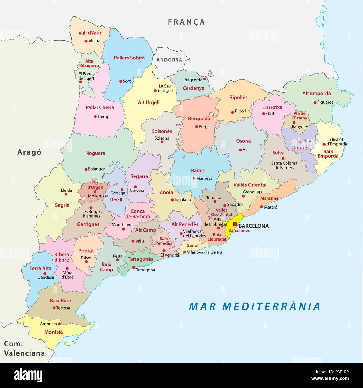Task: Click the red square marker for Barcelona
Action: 235,224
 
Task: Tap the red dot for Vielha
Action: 86,41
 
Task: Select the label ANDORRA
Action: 169,60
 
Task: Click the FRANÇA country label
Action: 187,22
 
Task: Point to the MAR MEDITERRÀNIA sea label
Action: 254,306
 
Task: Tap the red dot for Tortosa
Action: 54,308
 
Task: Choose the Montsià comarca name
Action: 53,332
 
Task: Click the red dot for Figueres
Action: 315,102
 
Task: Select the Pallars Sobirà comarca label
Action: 129,58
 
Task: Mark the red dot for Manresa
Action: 194,178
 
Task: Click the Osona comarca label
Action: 243,141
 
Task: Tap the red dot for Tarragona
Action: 133,267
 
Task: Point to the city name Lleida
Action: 66,190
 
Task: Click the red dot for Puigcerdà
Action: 204,79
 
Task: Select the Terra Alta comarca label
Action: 41,268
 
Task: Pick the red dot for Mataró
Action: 261,207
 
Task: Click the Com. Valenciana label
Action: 24,349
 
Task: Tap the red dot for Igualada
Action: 172,200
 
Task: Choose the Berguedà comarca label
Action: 199,119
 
